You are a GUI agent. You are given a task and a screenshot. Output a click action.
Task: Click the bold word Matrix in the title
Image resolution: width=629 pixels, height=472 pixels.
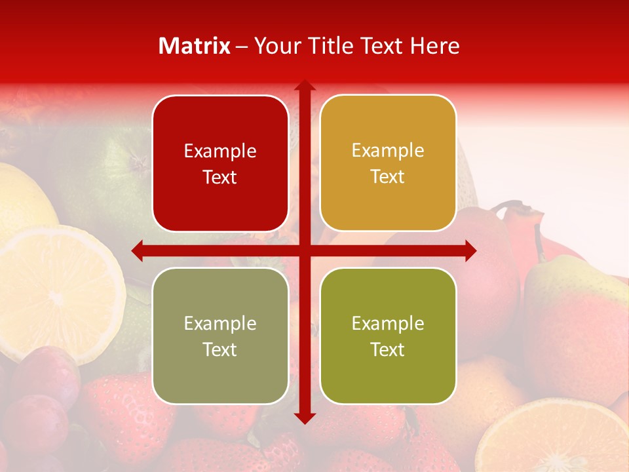tap(195, 46)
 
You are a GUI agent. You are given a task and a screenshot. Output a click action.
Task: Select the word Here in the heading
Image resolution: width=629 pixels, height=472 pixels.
tap(434, 46)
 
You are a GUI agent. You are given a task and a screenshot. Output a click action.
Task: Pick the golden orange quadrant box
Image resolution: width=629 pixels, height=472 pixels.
tap(388, 203)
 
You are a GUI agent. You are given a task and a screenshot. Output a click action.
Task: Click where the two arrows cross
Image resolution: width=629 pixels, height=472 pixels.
tap(304, 250)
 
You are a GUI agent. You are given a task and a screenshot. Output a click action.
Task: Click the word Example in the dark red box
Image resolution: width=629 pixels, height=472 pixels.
tap(220, 151)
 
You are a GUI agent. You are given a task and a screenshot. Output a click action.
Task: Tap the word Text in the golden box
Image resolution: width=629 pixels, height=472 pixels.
tap(388, 177)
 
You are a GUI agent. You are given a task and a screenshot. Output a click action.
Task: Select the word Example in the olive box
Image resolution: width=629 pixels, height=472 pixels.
tap(388, 323)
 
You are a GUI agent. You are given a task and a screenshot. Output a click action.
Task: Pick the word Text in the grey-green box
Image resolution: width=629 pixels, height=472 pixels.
tap(220, 349)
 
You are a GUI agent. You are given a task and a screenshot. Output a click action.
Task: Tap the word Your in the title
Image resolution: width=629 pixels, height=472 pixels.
tap(276, 46)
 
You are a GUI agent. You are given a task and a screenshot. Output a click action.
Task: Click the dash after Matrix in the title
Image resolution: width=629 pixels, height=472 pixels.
tap(242, 47)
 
